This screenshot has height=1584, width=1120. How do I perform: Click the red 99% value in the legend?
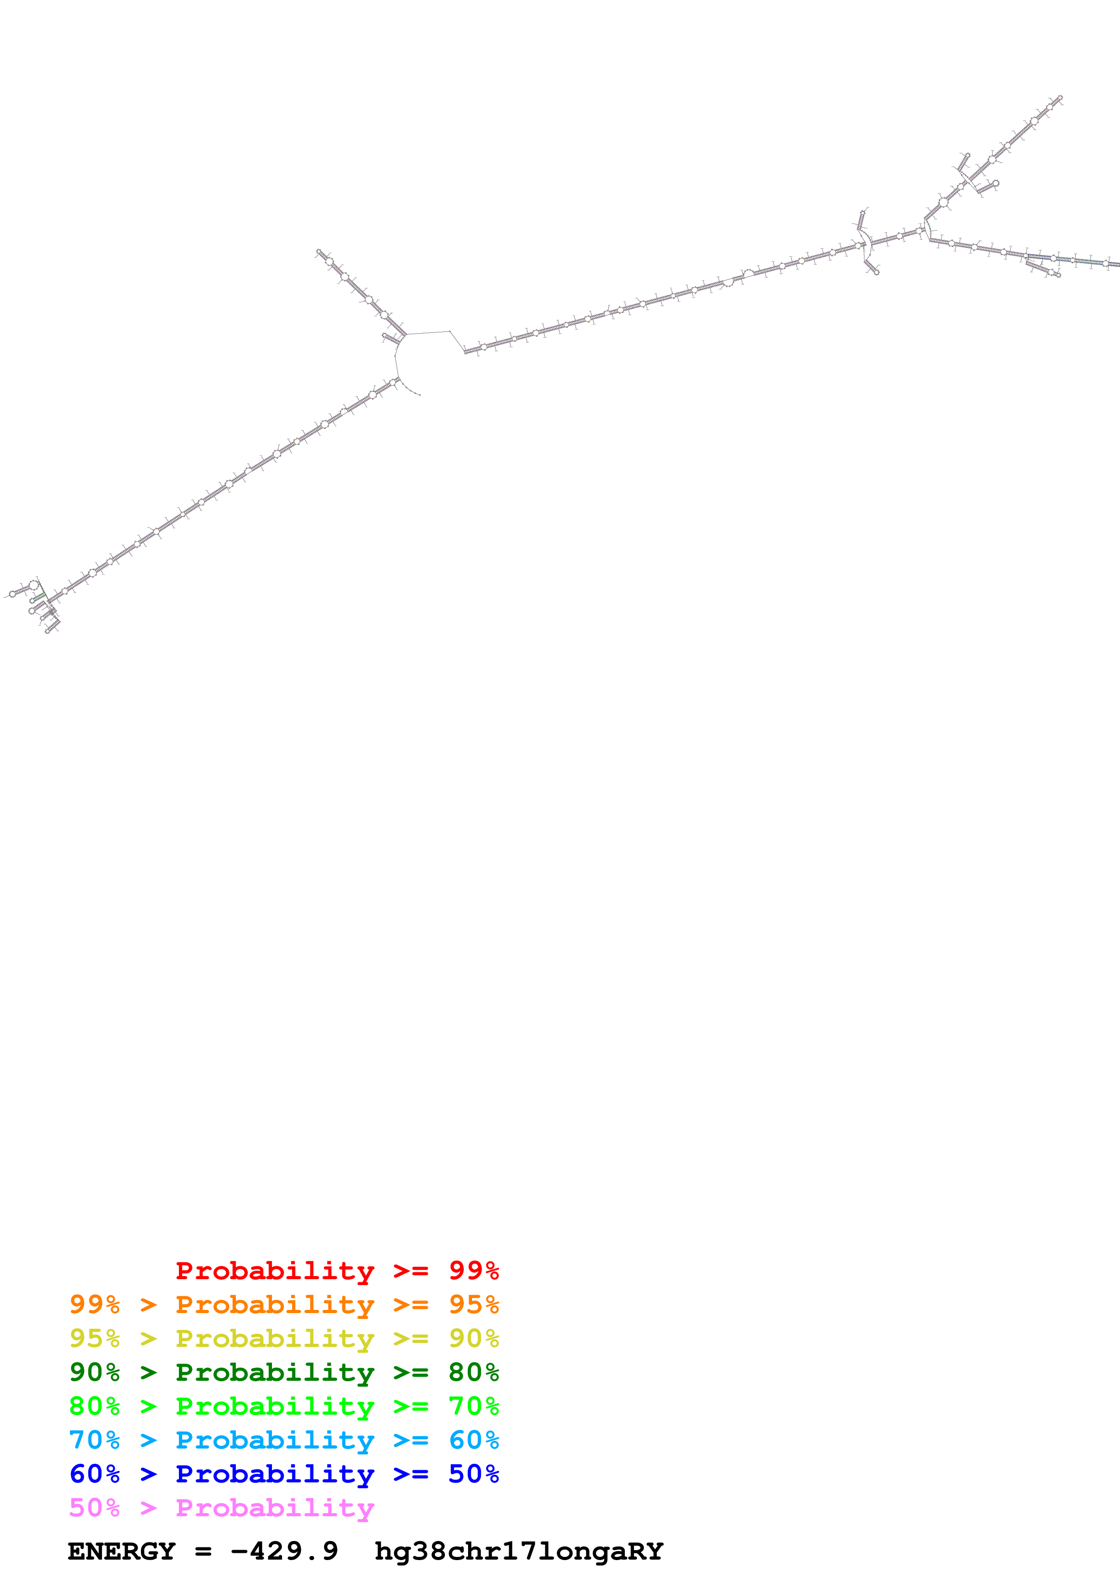click(473, 1271)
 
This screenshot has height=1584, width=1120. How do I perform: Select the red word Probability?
click(275, 1271)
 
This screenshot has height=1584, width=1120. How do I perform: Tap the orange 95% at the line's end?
click(473, 1304)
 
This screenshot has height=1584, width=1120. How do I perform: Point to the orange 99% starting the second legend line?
click(94, 1304)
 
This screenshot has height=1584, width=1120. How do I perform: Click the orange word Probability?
click(275, 1304)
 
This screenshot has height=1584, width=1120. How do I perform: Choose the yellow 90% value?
click(473, 1338)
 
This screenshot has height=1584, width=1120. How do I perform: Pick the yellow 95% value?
click(94, 1338)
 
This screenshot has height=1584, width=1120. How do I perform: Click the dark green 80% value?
click(473, 1372)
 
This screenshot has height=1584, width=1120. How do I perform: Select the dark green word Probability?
click(275, 1372)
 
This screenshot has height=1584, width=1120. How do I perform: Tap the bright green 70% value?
click(473, 1406)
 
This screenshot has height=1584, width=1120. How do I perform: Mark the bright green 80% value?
click(94, 1406)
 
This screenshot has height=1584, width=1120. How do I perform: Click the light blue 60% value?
click(473, 1440)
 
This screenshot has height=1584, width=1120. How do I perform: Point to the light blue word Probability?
click(275, 1440)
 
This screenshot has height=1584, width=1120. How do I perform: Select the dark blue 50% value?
click(473, 1474)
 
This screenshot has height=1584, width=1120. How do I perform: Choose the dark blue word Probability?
click(275, 1474)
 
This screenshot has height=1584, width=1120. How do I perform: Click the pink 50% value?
click(94, 1507)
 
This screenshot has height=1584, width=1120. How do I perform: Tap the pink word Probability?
click(275, 1507)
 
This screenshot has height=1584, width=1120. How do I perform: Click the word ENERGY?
click(122, 1551)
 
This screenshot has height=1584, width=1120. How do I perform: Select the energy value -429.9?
click(284, 1551)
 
